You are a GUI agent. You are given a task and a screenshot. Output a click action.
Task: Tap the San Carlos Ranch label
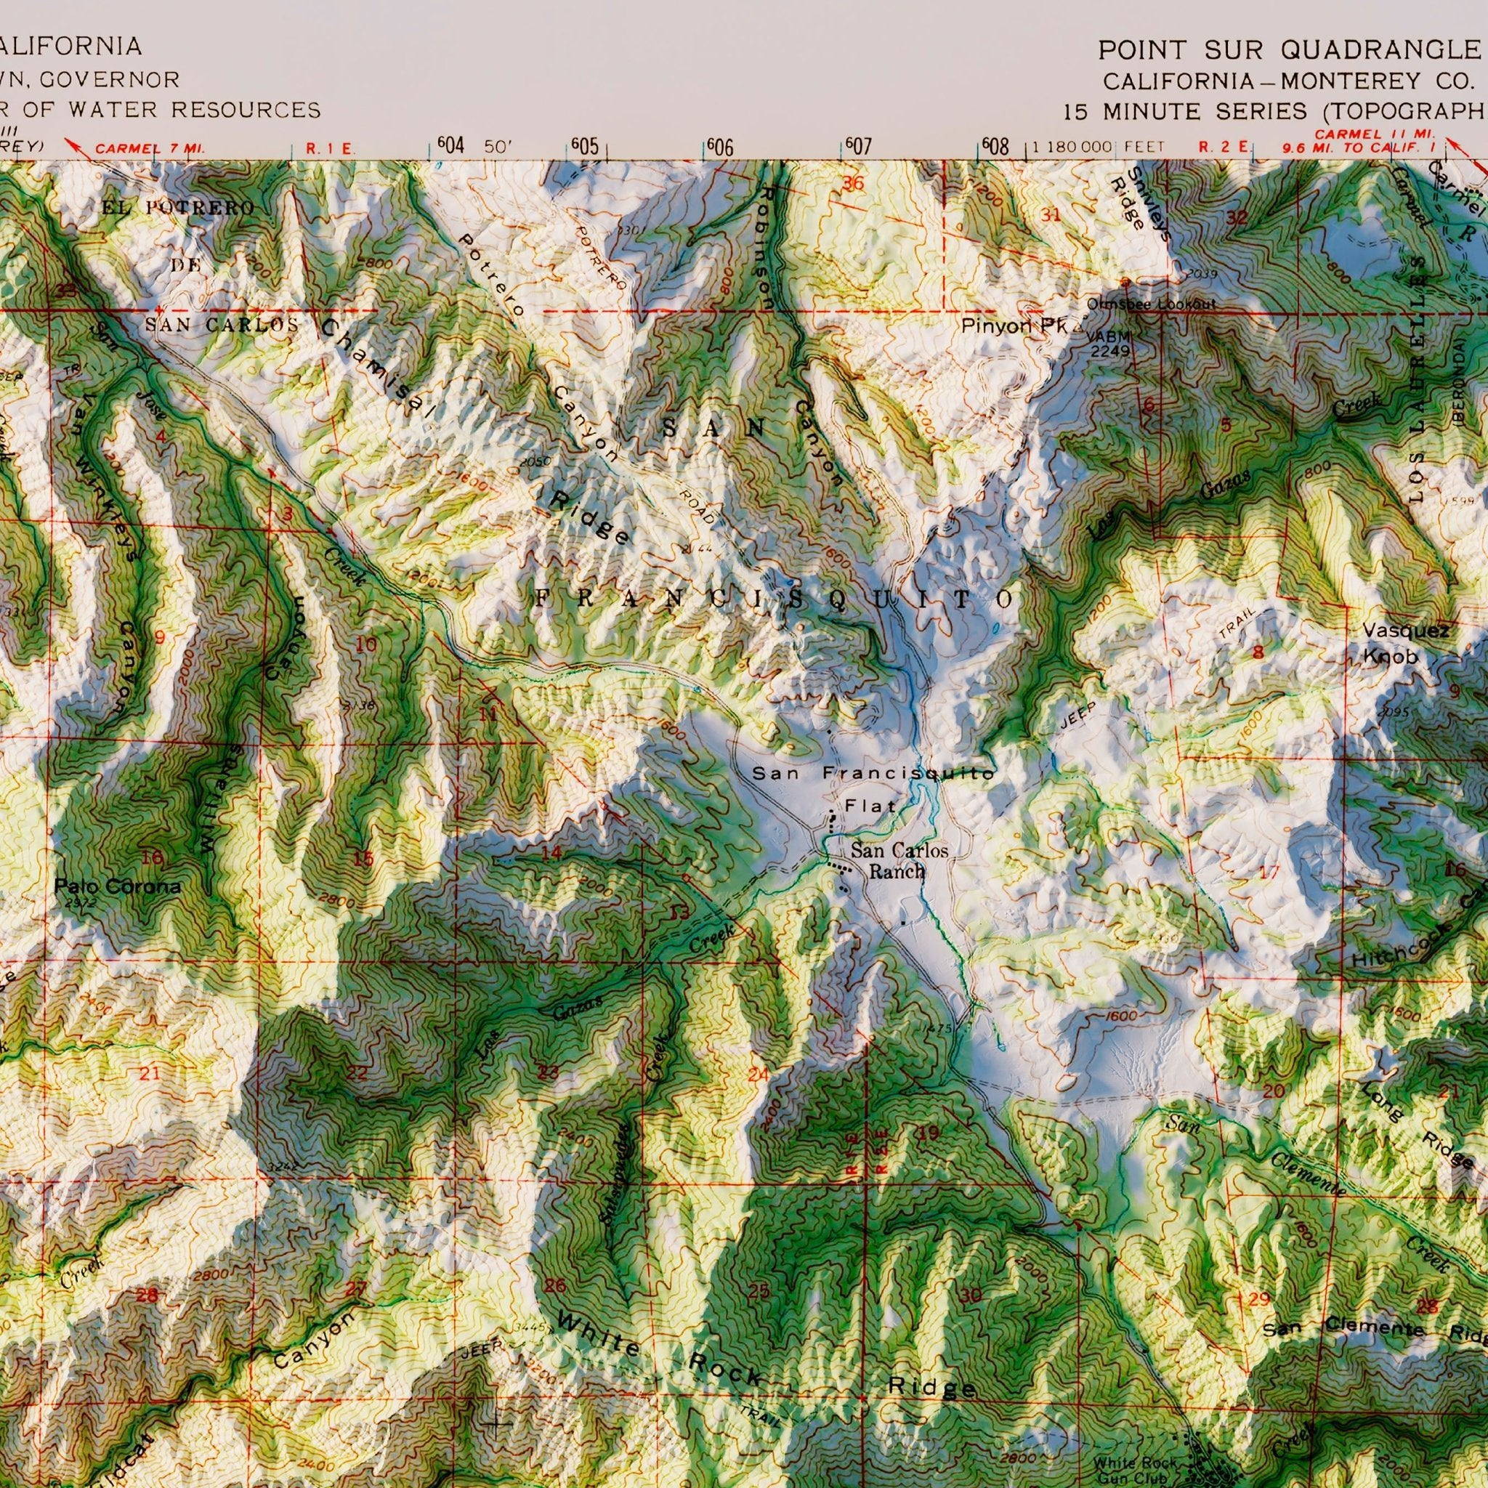click(x=898, y=861)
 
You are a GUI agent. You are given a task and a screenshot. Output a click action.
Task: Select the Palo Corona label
click(x=117, y=886)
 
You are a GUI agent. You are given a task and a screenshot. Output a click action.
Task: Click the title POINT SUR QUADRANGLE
click(x=1290, y=50)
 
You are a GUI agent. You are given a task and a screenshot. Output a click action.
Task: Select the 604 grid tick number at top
click(x=451, y=145)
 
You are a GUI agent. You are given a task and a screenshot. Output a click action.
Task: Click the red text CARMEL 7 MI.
click(x=149, y=148)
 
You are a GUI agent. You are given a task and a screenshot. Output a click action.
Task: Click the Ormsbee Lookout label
click(x=1151, y=304)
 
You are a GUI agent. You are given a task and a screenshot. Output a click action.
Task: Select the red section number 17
click(x=1269, y=873)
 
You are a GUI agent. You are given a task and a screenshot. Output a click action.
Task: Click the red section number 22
click(x=357, y=1074)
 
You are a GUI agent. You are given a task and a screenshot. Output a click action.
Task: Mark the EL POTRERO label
click(x=177, y=208)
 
